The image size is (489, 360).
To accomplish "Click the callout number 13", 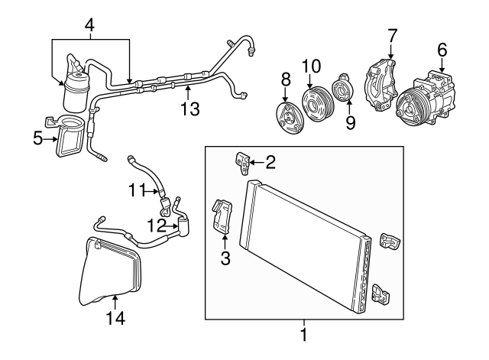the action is (x=190, y=109).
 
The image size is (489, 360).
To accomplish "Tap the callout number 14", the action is (x=115, y=318).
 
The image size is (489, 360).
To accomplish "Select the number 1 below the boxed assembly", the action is (x=304, y=335).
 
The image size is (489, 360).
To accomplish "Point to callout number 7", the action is (x=392, y=36).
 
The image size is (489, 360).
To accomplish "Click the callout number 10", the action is (x=311, y=66).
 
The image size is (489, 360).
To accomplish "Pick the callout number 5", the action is (x=37, y=138).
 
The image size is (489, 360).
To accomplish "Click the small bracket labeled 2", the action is (x=242, y=163).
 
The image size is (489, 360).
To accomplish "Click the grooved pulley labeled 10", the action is (x=319, y=105).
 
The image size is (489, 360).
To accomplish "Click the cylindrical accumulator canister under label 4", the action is (x=76, y=92).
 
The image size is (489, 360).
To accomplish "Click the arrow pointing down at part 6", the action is (x=442, y=65).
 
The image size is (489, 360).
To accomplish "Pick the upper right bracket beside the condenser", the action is (x=390, y=242).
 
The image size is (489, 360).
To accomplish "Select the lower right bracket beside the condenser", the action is (x=381, y=293).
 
